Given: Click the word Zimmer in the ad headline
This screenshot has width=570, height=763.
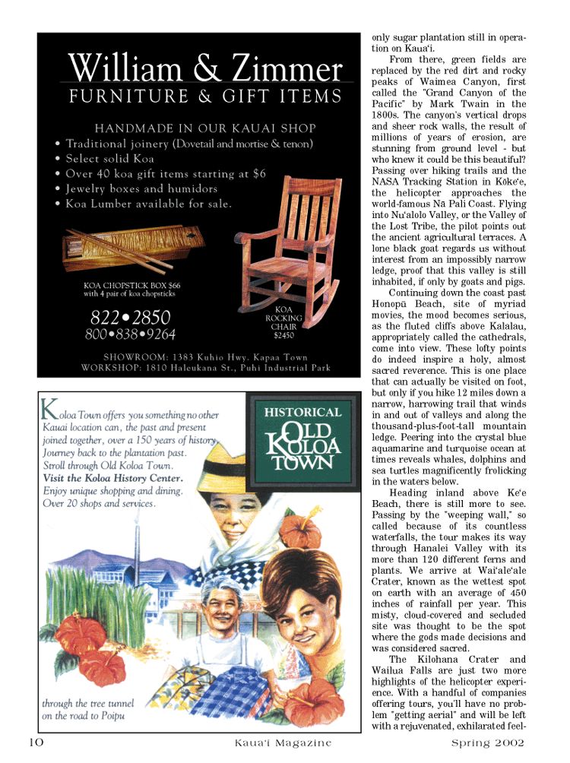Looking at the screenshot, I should (x=283, y=69).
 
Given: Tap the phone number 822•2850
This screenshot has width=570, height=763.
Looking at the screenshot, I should (x=131, y=317).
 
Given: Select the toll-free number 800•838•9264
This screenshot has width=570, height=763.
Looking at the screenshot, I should (x=131, y=334).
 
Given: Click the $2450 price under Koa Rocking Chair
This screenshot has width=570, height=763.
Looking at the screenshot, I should (x=284, y=334).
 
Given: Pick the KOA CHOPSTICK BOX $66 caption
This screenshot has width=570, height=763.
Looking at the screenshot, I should (x=131, y=286).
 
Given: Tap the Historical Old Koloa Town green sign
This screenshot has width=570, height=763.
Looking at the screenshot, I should (x=302, y=438).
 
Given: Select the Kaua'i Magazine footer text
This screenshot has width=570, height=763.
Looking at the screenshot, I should (x=282, y=743).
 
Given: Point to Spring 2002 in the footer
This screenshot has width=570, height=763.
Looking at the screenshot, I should (x=487, y=743).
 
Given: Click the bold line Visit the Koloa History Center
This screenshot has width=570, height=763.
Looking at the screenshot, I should (x=112, y=478).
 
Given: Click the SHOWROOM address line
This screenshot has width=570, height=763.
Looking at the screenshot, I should (x=205, y=356).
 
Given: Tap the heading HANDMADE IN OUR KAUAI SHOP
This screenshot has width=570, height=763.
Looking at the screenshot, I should (x=204, y=128).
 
